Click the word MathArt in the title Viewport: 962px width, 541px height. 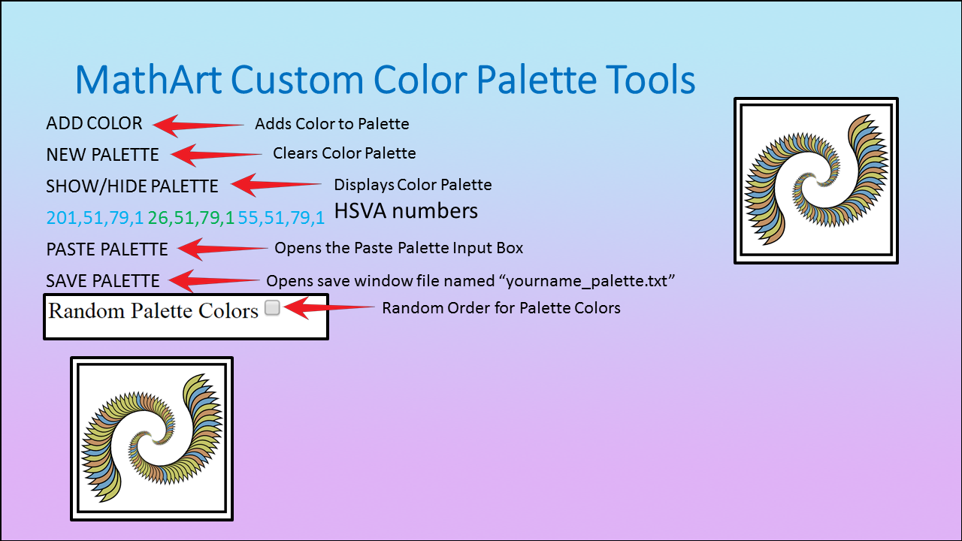point(149,80)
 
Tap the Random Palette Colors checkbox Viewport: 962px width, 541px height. point(272,307)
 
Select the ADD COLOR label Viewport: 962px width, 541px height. point(94,124)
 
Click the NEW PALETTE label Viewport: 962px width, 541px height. point(102,155)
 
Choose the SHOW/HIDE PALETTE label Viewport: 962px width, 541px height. point(132,186)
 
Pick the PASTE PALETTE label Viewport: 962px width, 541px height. point(107,249)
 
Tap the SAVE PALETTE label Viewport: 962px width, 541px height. point(103,281)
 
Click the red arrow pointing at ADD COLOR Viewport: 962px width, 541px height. point(198,125)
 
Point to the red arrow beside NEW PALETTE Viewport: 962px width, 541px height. point(216,155)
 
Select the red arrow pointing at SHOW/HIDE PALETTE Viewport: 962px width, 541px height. point(276,185)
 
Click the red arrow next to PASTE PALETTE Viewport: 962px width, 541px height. point(222,249)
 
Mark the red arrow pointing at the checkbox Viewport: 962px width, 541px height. point(329,307)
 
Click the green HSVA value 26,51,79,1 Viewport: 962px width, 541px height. point(191,218)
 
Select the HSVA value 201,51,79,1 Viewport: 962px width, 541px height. point(95,218)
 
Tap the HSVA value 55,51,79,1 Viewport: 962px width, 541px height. point(281,218)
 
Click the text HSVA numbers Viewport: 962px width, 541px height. point(406,211)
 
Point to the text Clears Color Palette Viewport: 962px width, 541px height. point(344,153)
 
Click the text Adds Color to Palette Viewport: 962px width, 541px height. point(332,124)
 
